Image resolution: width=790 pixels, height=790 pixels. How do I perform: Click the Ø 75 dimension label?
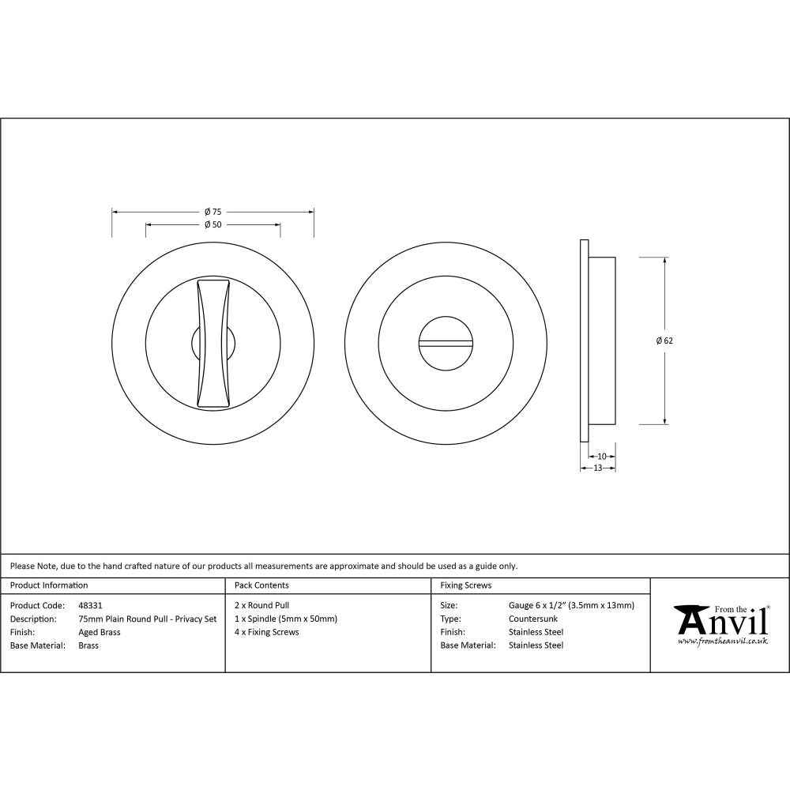tap(213, 212)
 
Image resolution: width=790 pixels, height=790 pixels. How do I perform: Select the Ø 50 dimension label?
tap(213, 224)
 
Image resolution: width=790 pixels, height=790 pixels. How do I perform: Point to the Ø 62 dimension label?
tap(664, 341)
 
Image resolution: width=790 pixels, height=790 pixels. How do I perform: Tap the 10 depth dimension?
tap(602, 456)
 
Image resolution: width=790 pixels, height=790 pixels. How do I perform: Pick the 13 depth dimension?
tap(597, 468)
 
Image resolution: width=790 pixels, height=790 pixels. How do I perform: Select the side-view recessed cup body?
tap(603, 340)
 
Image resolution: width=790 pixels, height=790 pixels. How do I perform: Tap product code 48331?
tap(90, 605)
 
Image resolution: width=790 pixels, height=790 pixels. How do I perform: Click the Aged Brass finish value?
tap(100, 632)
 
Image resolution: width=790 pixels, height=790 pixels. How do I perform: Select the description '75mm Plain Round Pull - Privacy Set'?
tap(147, 619)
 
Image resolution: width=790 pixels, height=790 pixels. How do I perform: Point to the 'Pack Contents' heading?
tap(261, 585)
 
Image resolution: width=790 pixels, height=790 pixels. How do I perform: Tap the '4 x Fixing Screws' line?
tap(267, 632)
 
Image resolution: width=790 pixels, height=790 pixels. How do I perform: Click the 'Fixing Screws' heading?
tap(465, 585)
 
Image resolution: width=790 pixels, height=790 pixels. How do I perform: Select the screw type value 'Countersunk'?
tap(532, 619)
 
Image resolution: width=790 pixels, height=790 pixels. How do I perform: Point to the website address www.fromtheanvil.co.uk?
tap(723, 641)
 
